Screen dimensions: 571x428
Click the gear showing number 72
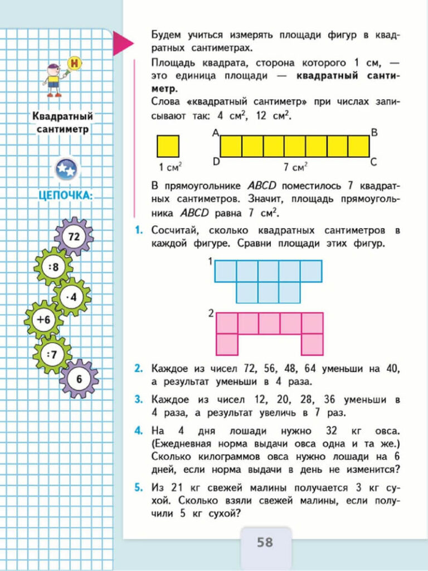point(74,236)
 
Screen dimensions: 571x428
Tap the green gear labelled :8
point(53,267)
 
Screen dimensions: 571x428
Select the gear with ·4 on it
point(72,297)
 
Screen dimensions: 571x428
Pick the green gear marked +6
point(43,320)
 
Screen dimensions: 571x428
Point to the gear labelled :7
point(52,354)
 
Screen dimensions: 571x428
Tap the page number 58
point(265,541)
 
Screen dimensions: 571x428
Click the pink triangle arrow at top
point(122,43)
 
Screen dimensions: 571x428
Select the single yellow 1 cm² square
point(168,146)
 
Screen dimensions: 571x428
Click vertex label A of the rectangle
point(215,133)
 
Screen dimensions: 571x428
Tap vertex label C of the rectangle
point(373,162)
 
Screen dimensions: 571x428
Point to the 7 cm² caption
point(295,166)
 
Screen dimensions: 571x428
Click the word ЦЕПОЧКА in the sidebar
point(66,195)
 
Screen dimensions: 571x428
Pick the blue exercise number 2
point(138,369)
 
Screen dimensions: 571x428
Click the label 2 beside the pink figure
point(211,313)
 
